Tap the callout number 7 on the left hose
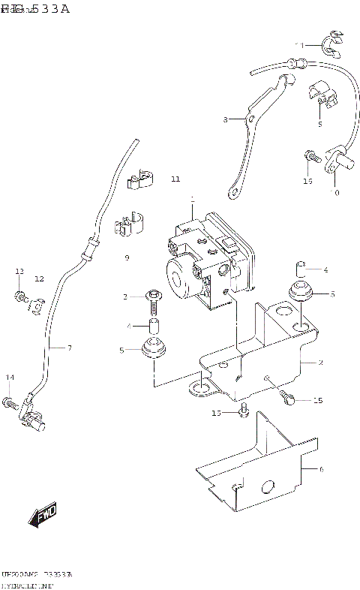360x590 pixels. pos(70,348)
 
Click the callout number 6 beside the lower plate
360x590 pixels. pos(320,470)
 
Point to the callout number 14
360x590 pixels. pos(10,377)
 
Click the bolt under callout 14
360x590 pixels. pos(10,404)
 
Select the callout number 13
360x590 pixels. pos(19,271)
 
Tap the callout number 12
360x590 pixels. pos(39,278)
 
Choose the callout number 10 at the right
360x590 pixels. pos(334,193)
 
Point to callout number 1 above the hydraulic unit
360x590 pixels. pos(192,200)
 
